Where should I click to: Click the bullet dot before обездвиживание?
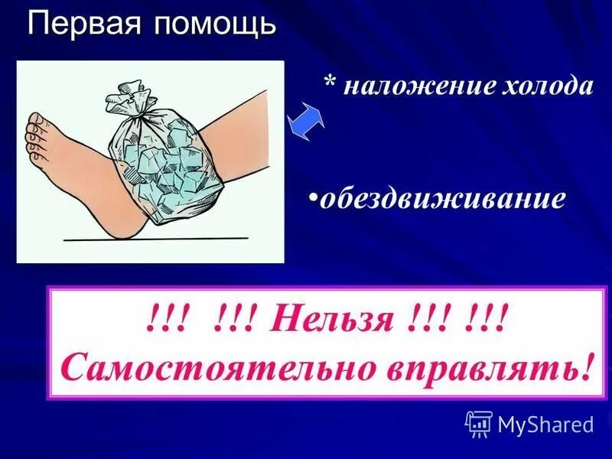point(314,198)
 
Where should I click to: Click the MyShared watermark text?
point(545,423)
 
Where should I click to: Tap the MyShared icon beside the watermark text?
point(478,423)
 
